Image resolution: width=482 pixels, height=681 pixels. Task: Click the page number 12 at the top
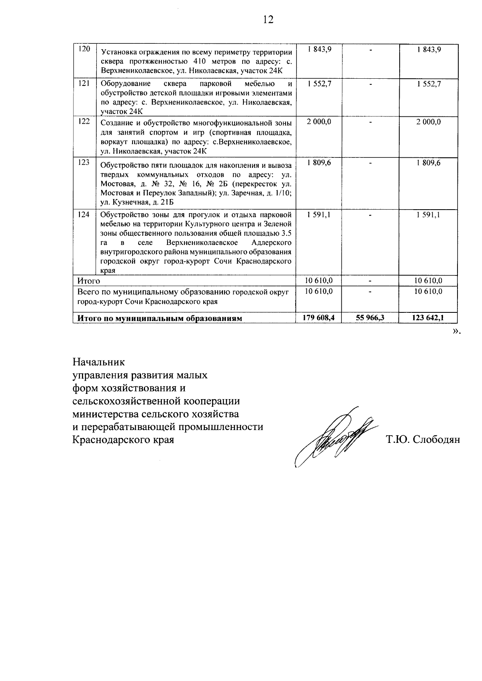tap(268, 20)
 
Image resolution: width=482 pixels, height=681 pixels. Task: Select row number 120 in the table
tap(84, 49)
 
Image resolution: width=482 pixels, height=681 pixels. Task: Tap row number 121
tap(84, 84)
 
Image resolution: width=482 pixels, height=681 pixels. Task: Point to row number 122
tap(84, 121)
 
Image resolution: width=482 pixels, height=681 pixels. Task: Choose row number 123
tap(84, 163)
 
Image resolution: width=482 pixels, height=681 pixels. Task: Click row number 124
tap(84, 214)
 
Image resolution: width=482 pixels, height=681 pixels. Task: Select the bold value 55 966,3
tap(370, 318)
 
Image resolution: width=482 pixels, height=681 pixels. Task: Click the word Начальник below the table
tap(99, 362)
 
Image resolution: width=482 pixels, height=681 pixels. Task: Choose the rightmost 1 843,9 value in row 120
tap(429, 49)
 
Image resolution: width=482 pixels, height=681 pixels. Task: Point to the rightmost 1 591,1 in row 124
tap(429, 215)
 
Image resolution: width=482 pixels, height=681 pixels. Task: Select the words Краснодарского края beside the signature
tap(123, 440)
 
